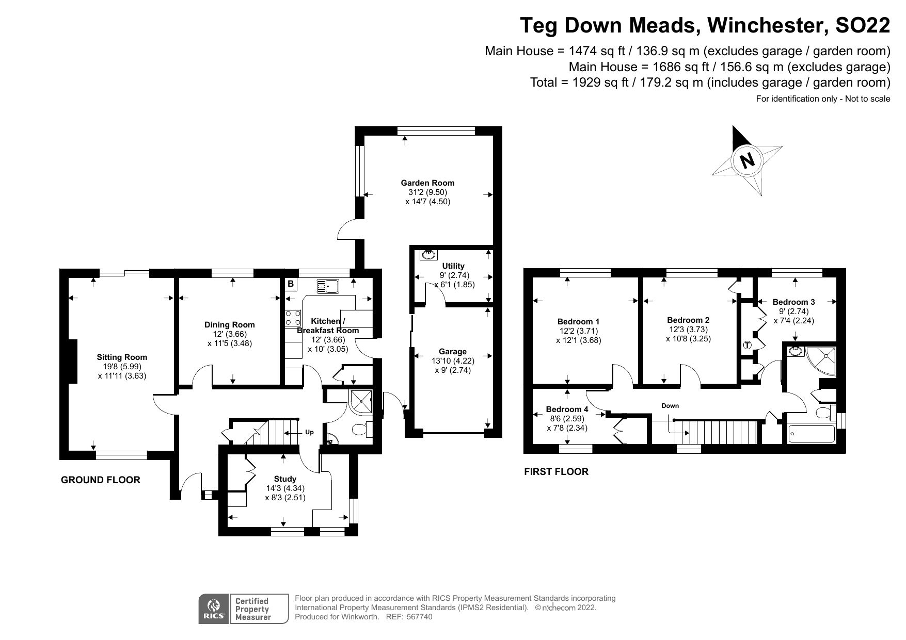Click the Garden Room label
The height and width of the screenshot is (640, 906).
pyautogui.click(x=427, y=183)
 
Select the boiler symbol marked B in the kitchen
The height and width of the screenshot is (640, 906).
pyautogui.click(x=291, y=284)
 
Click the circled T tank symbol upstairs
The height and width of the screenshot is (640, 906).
pyautogui.click(x=747, y=345)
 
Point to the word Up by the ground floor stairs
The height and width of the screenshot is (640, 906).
pyautogui.click(x=309, y=432)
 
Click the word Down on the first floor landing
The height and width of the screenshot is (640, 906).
pyautogui.click(x=670, y=406)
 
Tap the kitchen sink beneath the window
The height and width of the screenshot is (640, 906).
pyautogui.click(x=327, y=285)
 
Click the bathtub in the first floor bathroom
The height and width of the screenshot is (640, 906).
pyautogui.click(x=811, y=434)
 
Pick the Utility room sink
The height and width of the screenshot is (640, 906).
pyautogui.click(x=428, y=254)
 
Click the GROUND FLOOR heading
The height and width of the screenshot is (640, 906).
pyautogui.click(x=101, y=480)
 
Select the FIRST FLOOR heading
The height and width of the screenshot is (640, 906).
pyautogui.click(x=556, y=471)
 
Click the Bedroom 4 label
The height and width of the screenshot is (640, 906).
pyautogui.click(x=567, y=409)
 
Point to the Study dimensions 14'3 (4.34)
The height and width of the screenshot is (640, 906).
pyautogui.click(x=285, y=488)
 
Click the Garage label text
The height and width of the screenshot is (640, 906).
pyautogui.click(x=452, y=352)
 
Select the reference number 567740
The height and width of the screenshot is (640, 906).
pyautogui.click(x=419, y=617)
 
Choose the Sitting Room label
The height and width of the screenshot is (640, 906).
pyautogui.click(x=122, y=357)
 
